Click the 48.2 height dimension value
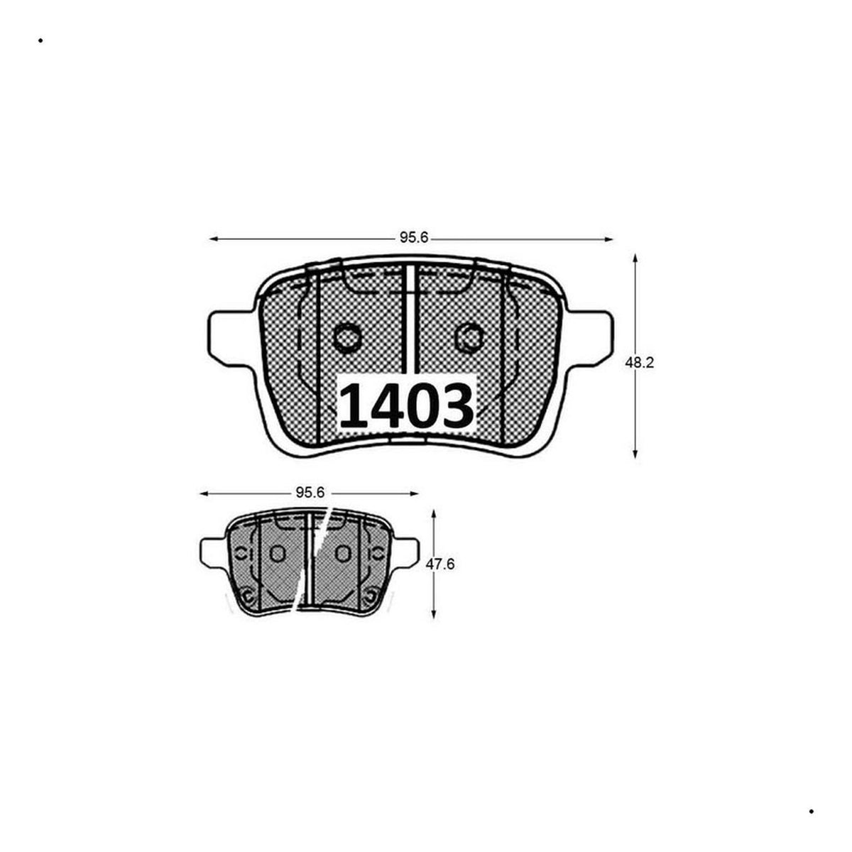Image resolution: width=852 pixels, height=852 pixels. click(x=639, y=362)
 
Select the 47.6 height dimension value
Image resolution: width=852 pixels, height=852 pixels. click(x=440, y=564)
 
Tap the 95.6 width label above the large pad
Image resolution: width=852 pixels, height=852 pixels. click(x=414, y=237)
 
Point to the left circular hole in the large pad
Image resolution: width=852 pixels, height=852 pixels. click(x=346, y=338)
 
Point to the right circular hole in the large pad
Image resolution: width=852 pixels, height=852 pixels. click(x=469, y=338)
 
